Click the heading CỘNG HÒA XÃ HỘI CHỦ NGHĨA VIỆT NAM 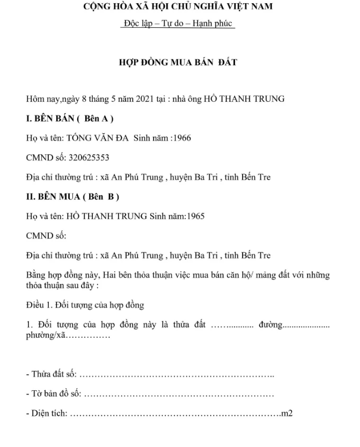[178, 7]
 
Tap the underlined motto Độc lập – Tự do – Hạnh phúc [178, 24]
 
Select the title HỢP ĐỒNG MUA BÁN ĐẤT [178, 62]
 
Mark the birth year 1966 [181, 138]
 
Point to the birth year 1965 [194, 216]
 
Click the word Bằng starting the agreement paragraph [36, 275]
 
